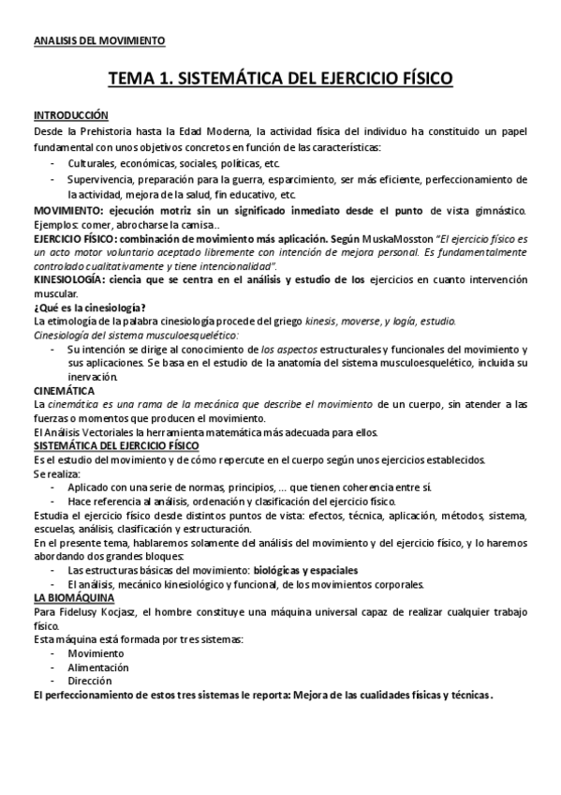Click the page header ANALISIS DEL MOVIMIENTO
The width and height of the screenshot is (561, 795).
pyautogui.click(x=98, y=41)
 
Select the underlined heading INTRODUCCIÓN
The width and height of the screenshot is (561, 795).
pyautogui.click(x=71, y=115)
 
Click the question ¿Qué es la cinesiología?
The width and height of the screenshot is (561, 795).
pyautogui.click(x=89, y=307)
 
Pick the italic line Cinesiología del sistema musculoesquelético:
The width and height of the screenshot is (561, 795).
pyautogui.click(x=136, y=334)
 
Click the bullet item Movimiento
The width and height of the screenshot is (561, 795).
pyautogui.click(x=96, y=653)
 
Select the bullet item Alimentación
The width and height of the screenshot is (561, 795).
pyautogui.click(x=98, y=667)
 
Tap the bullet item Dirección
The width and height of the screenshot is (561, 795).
pyautogui.click(x=90, y=681)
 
